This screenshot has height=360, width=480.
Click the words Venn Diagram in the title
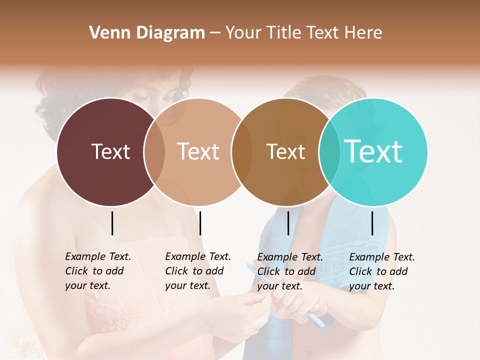pyautogui.click(x=147, y=33)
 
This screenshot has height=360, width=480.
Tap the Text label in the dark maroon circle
pyautogui.click(x=110, y=151)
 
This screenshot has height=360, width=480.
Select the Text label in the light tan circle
pyautogui.click(x=198, y=151)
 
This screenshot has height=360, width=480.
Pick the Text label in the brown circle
pyautogui.click(x=285, y=151)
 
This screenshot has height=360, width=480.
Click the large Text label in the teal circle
pyautogui.click(x=373, y=151)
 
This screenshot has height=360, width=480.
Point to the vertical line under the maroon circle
pyautogui.click(x=112, y=223)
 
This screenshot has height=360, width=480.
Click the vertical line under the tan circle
pyautogui.click(x=200, y=223)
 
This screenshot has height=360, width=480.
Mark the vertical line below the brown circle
pyautogui.click(x=288, y=223)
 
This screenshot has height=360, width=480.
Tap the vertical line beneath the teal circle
pyautogui.click(x=372, y=223)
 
